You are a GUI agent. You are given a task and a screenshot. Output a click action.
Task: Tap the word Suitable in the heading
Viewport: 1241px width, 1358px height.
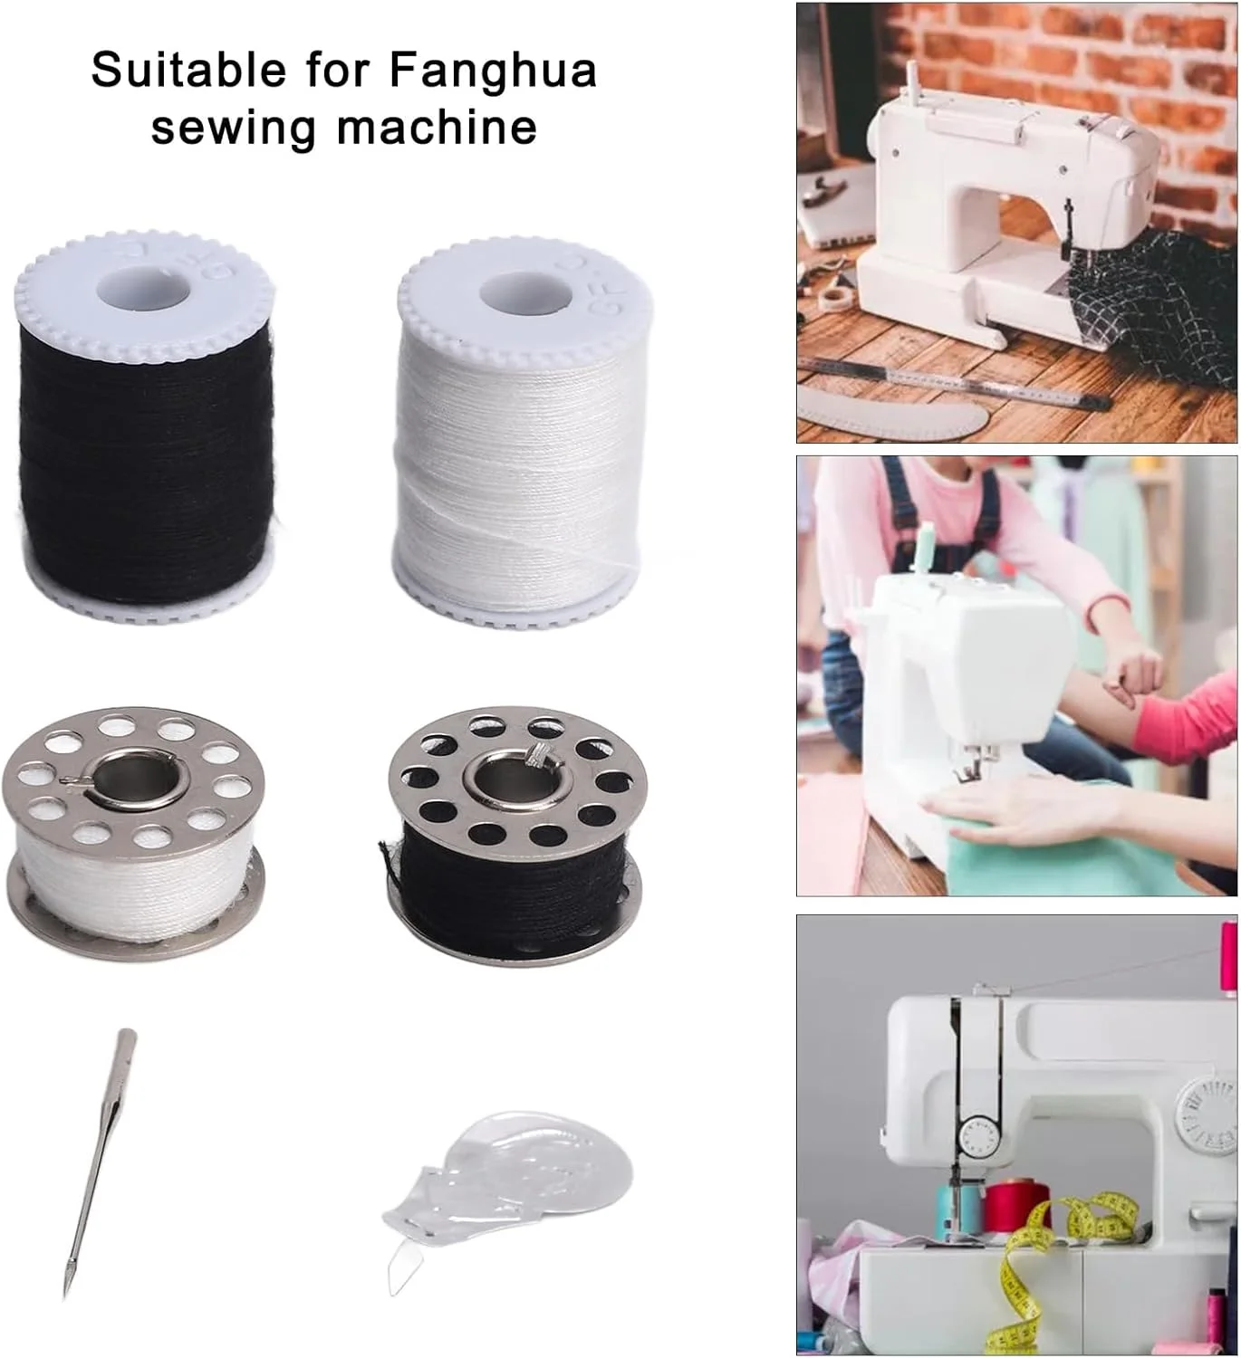click(188, 69)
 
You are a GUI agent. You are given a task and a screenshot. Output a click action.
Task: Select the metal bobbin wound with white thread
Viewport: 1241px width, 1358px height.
click(133, 838)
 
